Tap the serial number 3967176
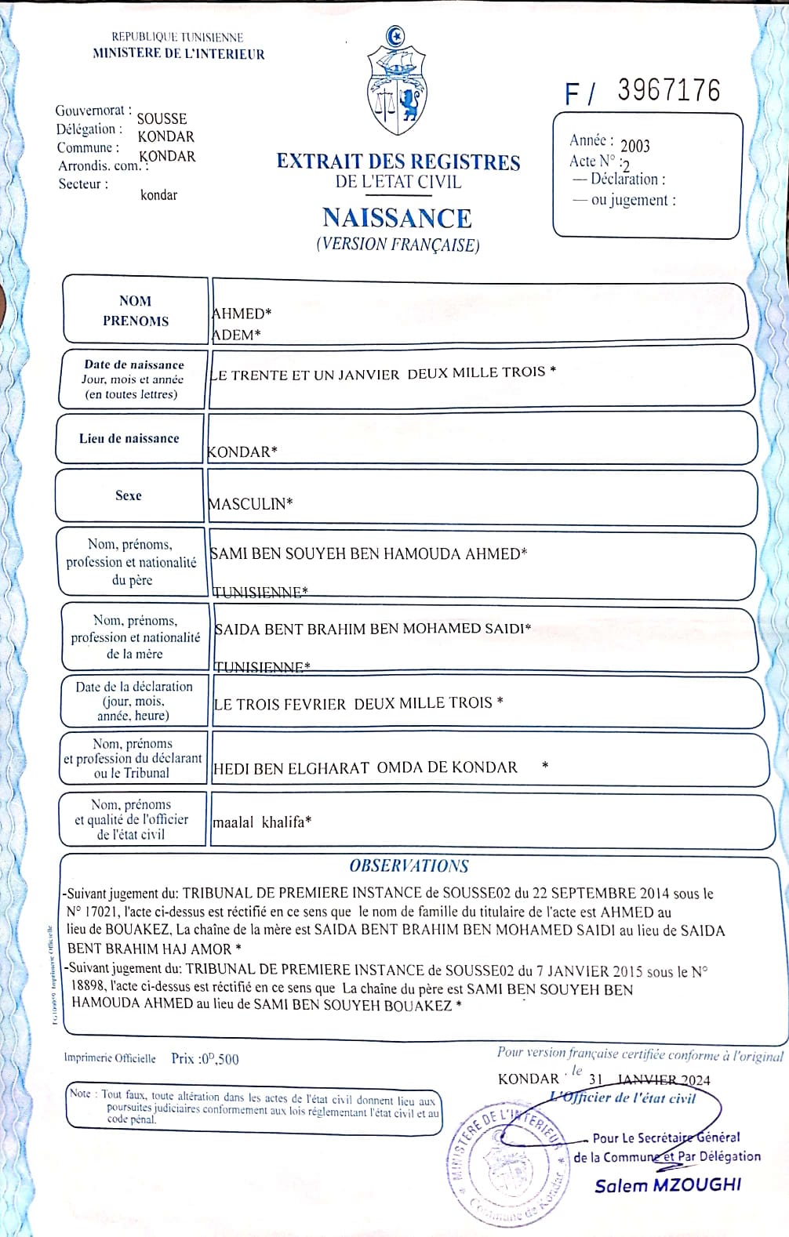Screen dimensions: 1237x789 click(x=668, y=91)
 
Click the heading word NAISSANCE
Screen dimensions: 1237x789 click(x=397, y=218)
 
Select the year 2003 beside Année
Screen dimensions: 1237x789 click(x=635, y=146)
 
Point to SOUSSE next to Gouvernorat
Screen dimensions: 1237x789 click(x=162, y=119)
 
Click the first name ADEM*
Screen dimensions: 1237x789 click(x=235, y=335)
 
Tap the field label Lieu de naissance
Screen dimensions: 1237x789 click(x=129, y=438)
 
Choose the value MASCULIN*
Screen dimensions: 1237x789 click(x=250, y=504)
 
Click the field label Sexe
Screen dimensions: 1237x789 click(x=129, y=495)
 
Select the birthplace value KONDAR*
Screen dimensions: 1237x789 click(x=242, y=452)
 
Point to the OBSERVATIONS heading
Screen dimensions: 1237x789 click(x=409, y=866)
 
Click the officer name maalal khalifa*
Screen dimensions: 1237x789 click(x=262, y=822)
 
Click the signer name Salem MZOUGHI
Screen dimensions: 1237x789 click(x=667, y=1185)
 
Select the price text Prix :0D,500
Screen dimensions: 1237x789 click(x=205, y=1059)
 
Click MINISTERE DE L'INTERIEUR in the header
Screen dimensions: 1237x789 click(x=179, y=54)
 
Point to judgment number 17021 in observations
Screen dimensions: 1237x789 click(x=103, y=912)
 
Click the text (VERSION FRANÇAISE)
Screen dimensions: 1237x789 click(x=398, y=245)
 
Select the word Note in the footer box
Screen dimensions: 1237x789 click(x=80, y=1094)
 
